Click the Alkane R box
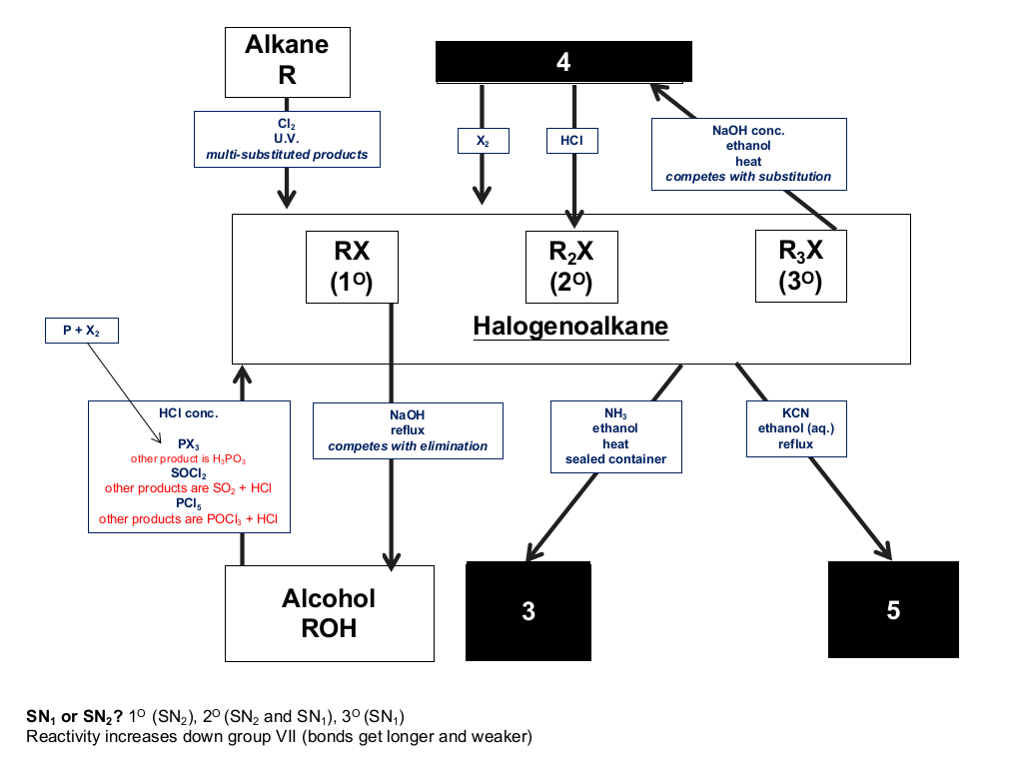point(288,62)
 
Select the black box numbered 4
point(563,62)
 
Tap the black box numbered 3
point(528,611)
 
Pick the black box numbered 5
point(893,610)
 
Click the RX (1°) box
point(353,267)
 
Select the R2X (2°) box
point(571,267)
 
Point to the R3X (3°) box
point(801,266)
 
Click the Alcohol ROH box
point(330,614)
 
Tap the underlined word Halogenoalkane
point(570,327)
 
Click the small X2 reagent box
point(484,141)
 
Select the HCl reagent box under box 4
point(572,141)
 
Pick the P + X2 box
point(82,331)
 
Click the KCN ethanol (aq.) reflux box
point(796,428)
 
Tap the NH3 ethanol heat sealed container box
point(615,436)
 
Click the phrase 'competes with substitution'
point(748,177)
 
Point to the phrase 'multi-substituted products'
point(287,155)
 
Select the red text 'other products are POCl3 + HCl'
point(189,519)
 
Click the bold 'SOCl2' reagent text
point(189,473)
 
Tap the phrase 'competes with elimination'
point(408,446)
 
